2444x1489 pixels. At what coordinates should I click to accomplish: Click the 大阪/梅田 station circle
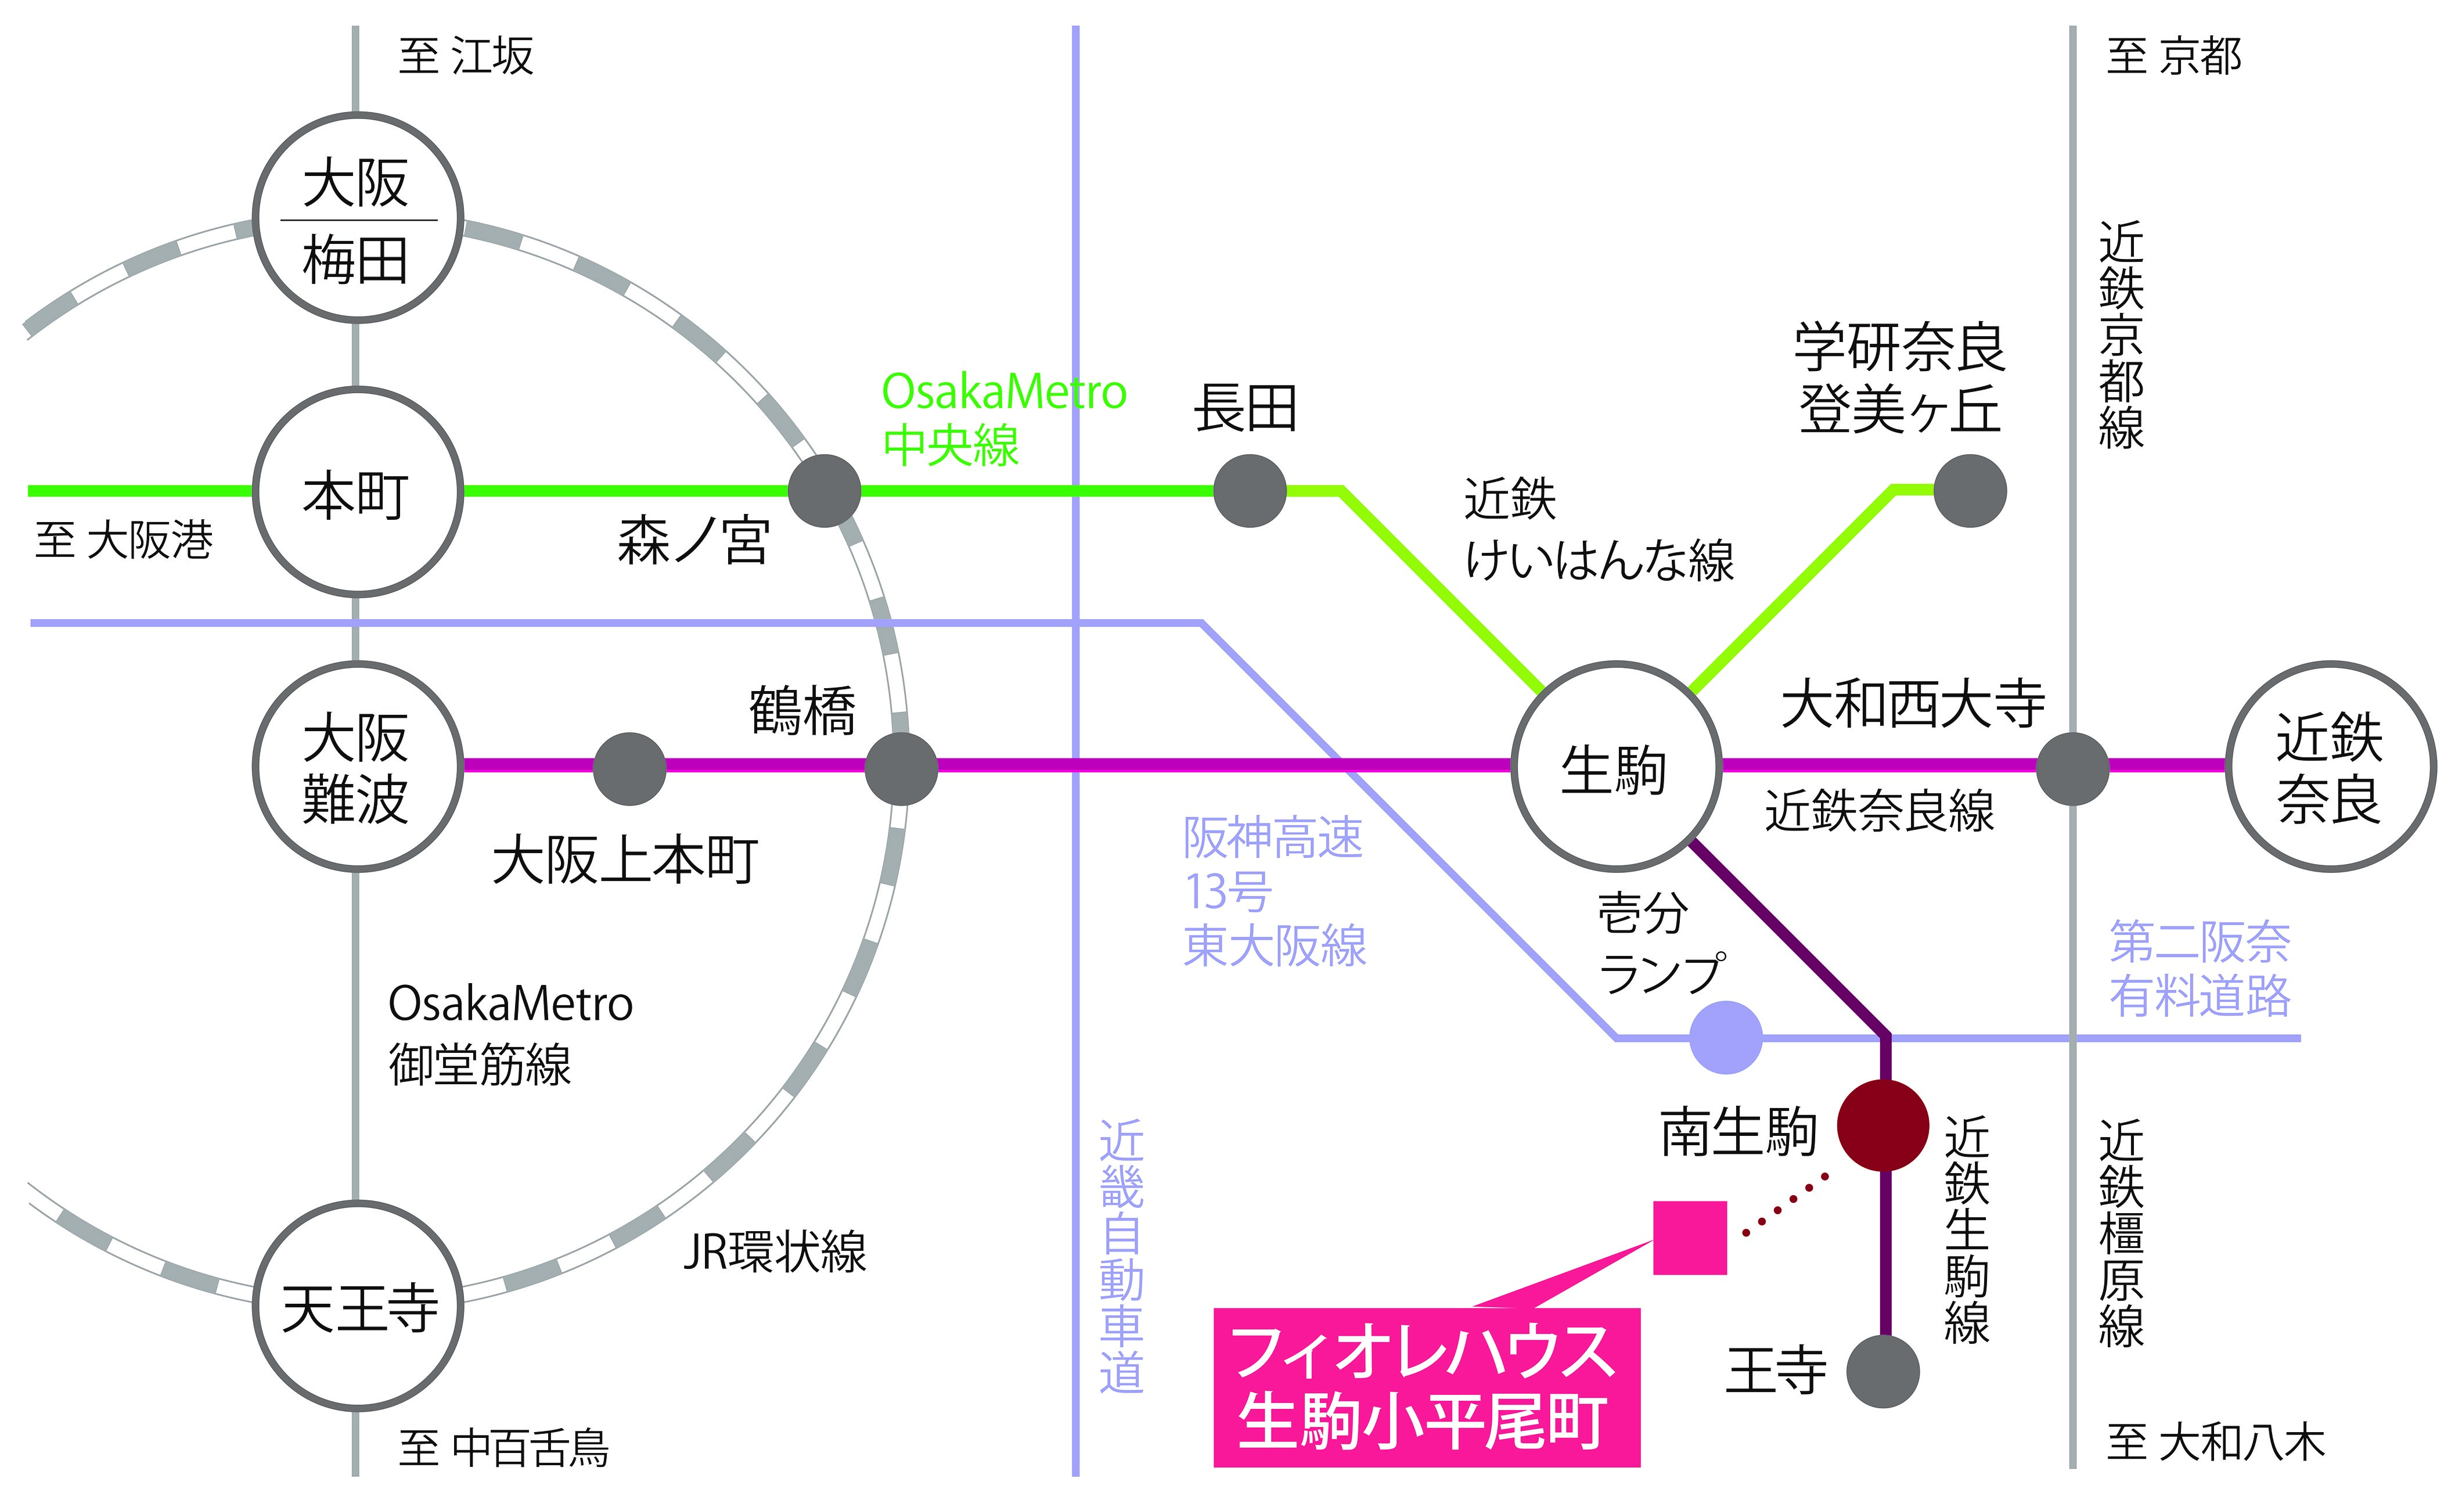[357, 218]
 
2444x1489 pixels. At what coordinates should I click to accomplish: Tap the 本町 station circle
[357, 492]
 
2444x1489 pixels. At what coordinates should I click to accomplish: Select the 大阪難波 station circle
[357, 766]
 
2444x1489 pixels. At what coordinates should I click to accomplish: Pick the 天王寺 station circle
[357, 1305]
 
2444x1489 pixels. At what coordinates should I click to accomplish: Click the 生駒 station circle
[1616, 766]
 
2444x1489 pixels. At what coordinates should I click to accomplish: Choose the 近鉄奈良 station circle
[2330, 766]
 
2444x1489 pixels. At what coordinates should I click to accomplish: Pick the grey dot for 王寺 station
[1883, 1371]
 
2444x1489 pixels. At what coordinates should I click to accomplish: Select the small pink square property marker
[1689, 1237]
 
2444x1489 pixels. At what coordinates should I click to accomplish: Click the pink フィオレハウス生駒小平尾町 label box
[1426, 1387]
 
